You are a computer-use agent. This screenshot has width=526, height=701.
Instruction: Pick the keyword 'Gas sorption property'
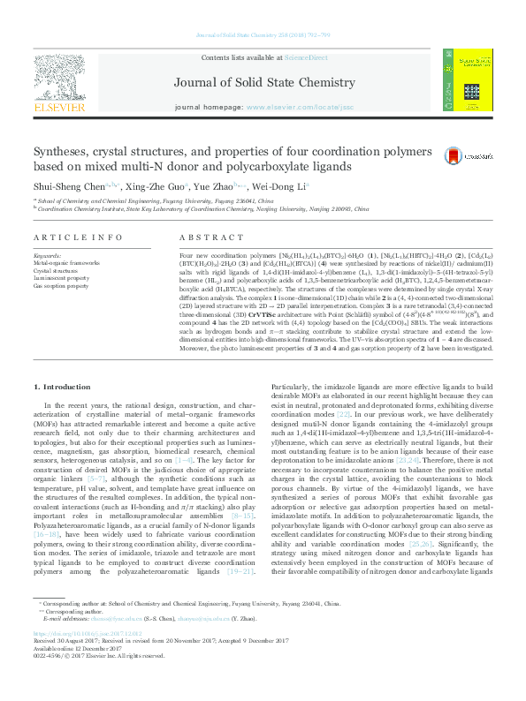tap(62, 286)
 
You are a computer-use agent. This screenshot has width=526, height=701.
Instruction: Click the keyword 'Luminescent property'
tap(62, 279)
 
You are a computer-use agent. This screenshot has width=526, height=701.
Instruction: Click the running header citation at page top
tap(263, 11)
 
